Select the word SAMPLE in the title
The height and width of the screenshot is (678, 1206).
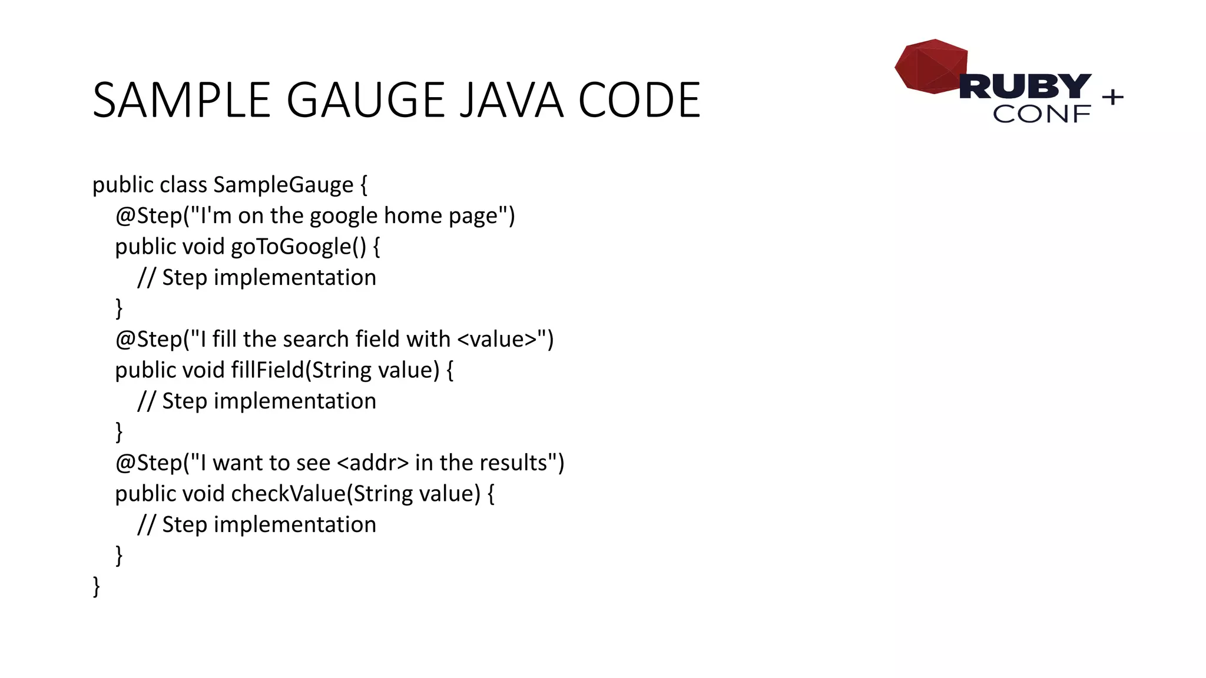(181, 100)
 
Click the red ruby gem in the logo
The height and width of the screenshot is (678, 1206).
(930, 67)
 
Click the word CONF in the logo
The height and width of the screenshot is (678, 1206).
(1041, 114)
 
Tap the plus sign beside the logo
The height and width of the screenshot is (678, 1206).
(1112, 97)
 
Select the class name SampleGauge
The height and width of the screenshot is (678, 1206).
(283, 185)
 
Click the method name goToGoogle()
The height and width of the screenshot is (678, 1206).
(299, 247)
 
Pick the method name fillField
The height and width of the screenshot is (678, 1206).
(267, 370)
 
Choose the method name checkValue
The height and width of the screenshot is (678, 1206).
(288, 494)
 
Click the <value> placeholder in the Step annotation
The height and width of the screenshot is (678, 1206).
(496, 340)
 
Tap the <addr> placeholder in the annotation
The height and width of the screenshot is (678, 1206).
(373, 463)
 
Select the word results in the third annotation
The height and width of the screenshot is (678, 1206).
(513, 463)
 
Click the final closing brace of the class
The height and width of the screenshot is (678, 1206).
(96, 587)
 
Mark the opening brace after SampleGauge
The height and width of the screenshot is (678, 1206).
(363, 185)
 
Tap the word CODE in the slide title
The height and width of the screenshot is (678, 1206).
(640, 100)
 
